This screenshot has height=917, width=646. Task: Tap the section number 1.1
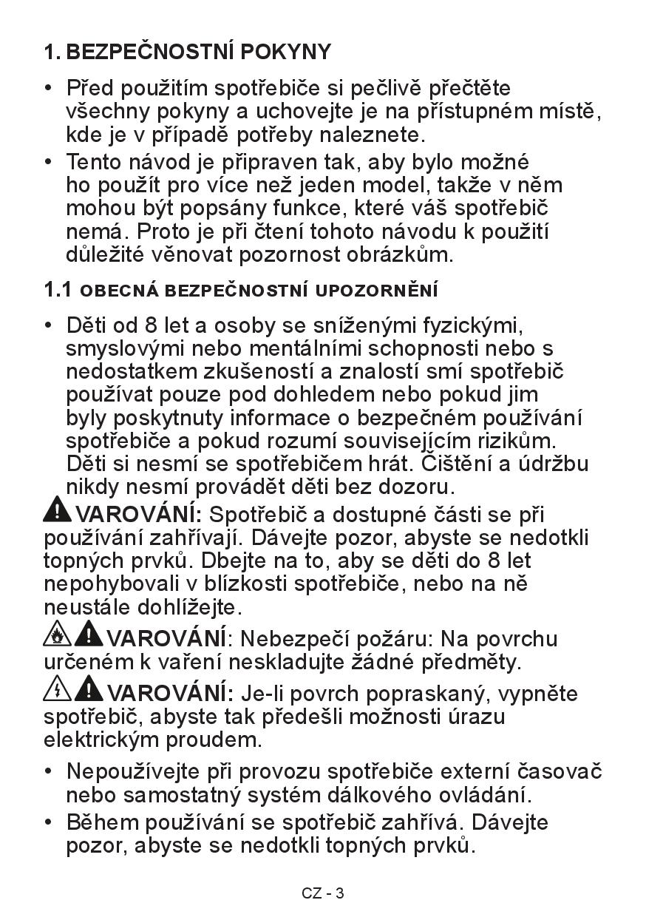point(58,290)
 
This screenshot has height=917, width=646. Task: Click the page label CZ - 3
point(323,893)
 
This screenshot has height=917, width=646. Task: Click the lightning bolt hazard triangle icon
point(58,689)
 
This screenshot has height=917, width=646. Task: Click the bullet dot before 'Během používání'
point(49,822)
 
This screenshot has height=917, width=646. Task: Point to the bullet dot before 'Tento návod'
point(49,161)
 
